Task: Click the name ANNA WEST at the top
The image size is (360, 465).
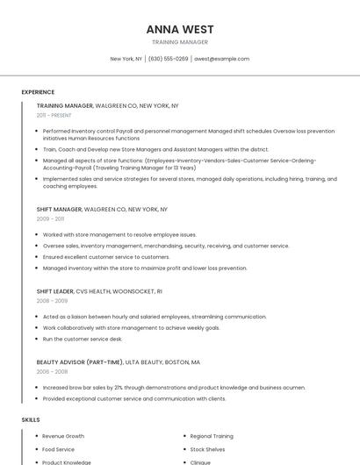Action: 180,29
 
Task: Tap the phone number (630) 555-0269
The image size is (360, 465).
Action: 168,59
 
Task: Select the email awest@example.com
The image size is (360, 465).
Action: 221,59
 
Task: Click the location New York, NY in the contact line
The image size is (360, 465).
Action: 126,59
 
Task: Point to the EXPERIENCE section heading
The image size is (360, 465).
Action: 38,92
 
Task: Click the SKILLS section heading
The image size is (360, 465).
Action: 31,419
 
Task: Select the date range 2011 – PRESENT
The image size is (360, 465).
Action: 54,115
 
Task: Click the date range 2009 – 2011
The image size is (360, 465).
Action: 50,219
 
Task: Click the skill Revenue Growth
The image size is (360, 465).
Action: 63,436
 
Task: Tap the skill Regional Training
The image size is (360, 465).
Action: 212,436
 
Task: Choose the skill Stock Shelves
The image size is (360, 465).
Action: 207,449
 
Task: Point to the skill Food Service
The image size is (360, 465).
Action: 59,449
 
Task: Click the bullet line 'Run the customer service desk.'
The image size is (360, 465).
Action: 83,339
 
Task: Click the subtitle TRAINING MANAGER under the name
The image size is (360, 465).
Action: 180,42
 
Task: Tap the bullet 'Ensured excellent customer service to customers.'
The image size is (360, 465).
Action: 106,257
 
